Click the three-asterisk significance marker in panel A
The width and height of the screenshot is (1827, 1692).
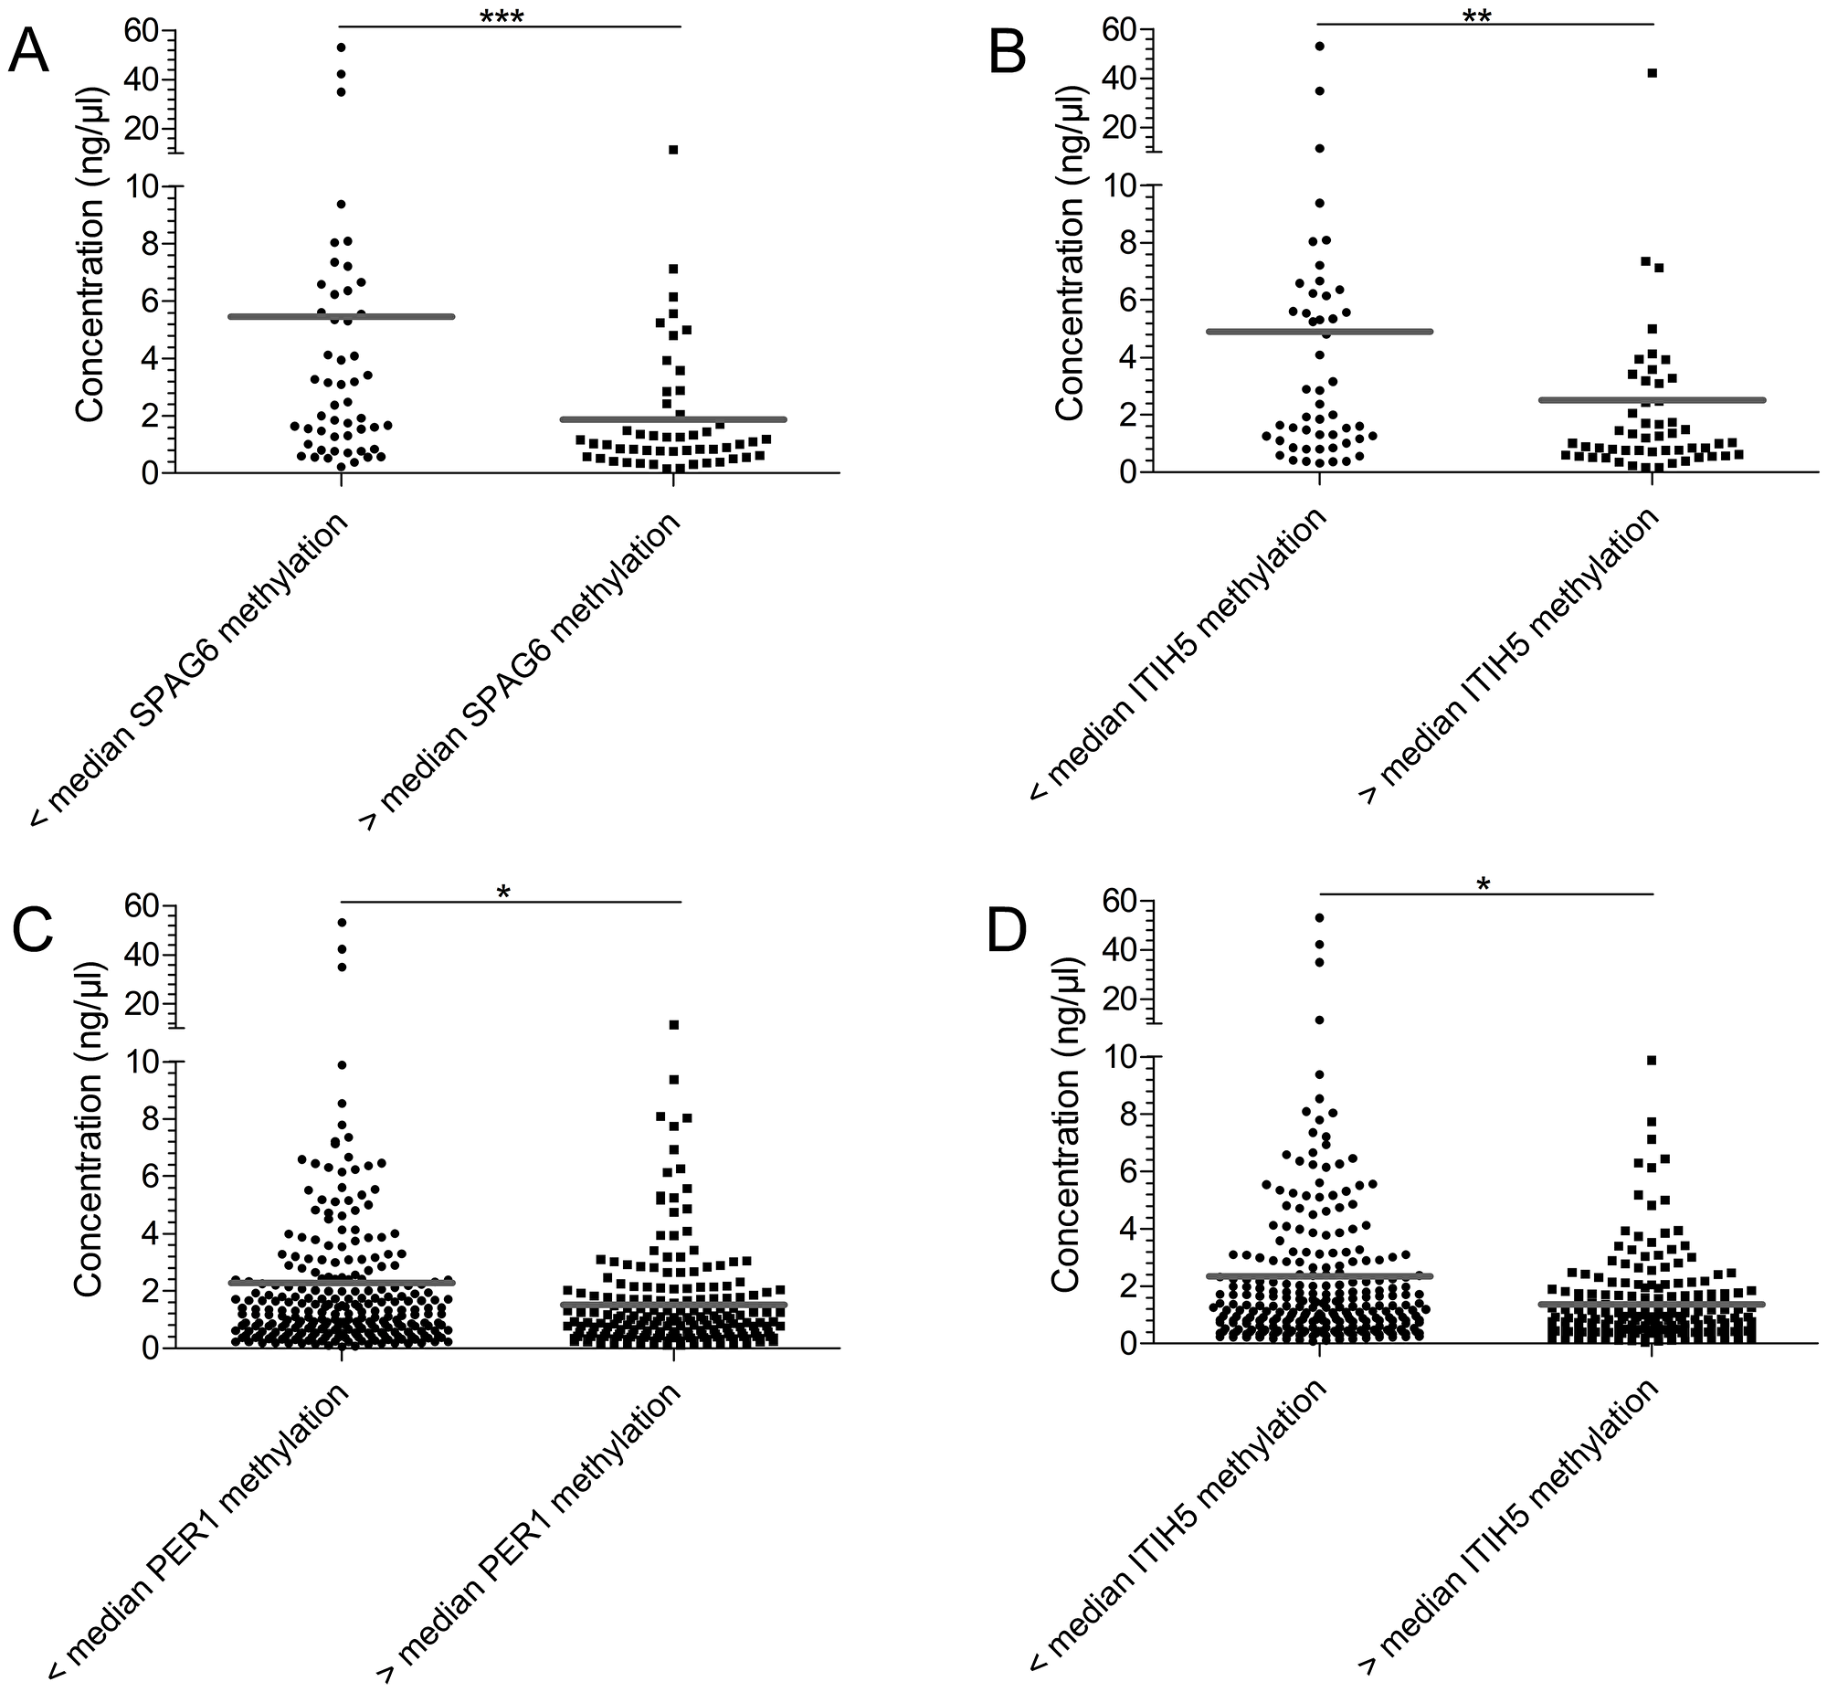[502, 17]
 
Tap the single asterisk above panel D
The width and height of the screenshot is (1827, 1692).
[1484, 885]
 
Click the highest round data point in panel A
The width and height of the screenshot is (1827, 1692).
[341, 47]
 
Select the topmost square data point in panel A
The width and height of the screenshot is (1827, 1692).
[672, 149]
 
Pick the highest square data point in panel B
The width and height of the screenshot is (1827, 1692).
[1653, 72]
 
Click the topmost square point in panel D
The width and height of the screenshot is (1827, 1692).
[1653, 1061]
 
